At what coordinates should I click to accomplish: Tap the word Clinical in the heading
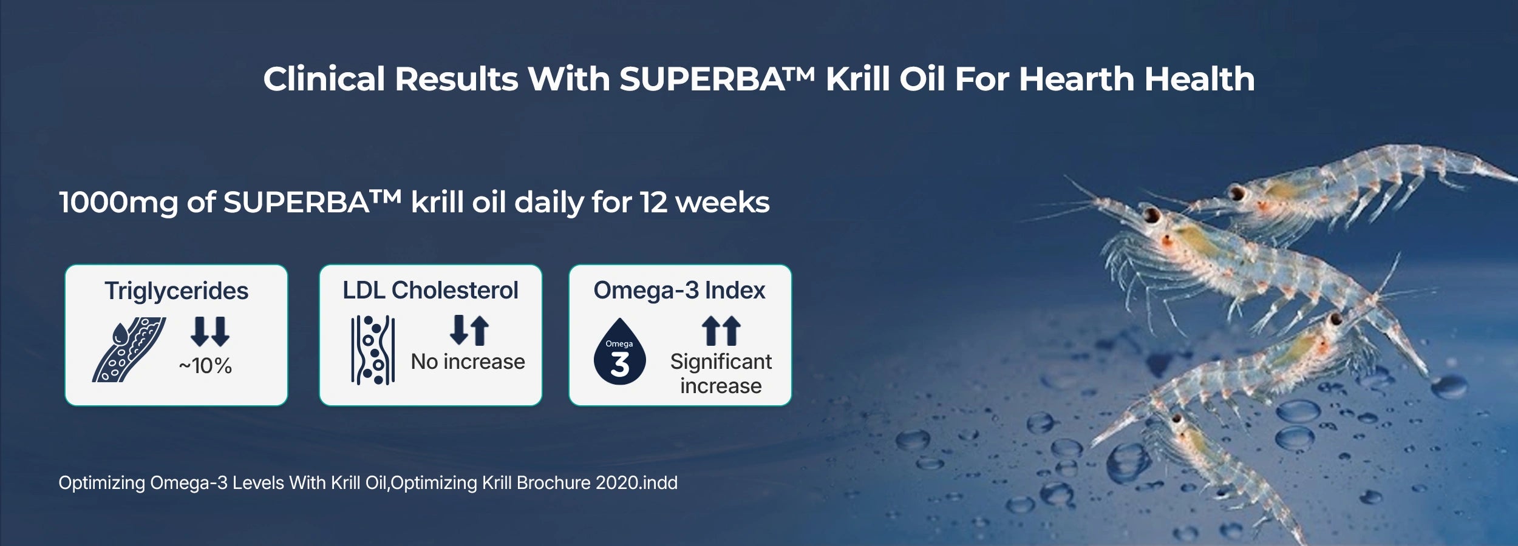coord(324,79)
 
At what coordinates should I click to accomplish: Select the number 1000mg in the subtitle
coord(118,203)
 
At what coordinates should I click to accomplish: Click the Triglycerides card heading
coord(176,291)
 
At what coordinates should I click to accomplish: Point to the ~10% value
coord(205,366)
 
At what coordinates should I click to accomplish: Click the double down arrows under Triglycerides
coord(210,331)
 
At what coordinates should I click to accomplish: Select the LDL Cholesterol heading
coord(431,290)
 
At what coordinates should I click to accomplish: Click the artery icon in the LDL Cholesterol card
coord(373,350)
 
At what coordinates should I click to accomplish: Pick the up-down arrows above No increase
coord(469,331)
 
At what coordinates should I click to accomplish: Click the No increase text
coord(468,362)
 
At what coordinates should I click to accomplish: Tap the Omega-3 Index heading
coord(679,290)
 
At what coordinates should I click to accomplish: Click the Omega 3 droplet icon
coord(619,352)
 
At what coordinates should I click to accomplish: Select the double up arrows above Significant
coord(721,331)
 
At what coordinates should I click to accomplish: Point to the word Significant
coord(721,362)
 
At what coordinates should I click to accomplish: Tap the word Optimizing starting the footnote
coord(102,484)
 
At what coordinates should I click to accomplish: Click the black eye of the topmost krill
coord(1237,194)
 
